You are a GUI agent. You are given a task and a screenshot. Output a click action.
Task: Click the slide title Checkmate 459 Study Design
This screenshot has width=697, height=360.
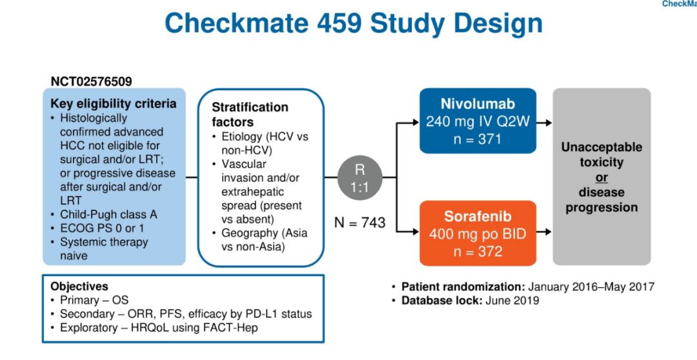pos(353,24)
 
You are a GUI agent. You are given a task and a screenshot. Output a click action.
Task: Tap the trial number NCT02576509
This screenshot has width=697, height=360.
pos(91,82)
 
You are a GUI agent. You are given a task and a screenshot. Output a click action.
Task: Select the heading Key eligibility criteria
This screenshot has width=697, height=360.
pos(113,104)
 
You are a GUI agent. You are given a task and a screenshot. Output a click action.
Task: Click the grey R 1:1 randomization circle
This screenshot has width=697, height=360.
pos(361,177)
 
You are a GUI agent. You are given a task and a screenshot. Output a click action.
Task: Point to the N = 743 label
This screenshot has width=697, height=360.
pos(359,223)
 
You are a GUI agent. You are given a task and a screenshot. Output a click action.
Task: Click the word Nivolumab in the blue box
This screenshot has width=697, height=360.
pos(478,105)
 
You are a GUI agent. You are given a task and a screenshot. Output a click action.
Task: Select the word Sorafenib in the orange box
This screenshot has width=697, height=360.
pos(478,217)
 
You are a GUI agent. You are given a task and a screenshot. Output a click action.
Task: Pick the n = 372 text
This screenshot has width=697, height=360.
pos(478,251)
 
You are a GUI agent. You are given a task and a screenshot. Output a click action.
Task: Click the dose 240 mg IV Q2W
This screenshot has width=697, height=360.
pos(478,121)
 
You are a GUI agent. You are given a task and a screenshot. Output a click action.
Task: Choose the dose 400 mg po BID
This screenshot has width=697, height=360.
pos(478,234)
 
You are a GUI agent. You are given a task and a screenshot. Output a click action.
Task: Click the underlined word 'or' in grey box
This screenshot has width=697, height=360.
pos(601,177)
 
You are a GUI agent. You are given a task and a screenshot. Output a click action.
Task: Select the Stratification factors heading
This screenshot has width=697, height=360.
pos(250,114)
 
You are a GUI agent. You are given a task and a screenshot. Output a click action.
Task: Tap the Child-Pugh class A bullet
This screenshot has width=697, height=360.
pos(108,214)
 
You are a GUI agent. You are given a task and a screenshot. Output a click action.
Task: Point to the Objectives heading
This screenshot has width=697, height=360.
pos(79,286)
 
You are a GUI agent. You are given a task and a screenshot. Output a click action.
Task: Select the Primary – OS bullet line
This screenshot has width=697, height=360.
pos(94,300)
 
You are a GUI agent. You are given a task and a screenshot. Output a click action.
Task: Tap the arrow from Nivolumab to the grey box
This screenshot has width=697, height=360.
pos(544,121)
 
